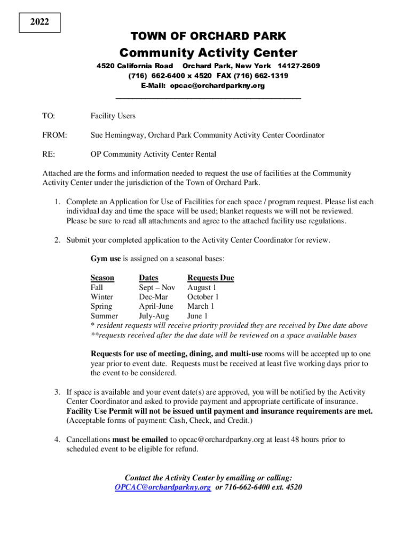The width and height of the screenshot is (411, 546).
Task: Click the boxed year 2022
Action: click(x=39, y=22)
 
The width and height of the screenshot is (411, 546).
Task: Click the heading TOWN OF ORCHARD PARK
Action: click(x=208, y=36)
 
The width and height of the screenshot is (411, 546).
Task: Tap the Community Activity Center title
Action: click(x=208, y=53)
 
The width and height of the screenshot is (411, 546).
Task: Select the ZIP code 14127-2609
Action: click(x=295, y=66)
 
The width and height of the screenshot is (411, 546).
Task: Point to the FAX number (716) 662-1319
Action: click(x=253, y=76)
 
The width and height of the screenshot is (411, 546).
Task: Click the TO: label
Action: click(x=49, y=116)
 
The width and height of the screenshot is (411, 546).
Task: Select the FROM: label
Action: click(x=54, y=135)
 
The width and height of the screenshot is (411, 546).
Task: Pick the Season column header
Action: click(x=102, y=278)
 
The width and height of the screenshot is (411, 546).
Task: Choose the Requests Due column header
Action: click(x=210, y=278)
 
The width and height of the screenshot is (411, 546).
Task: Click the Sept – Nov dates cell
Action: click(x=157, y=287)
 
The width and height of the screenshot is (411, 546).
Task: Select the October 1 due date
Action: click(x=203, y=297)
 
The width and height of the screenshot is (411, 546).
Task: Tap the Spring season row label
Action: click(x=101, y=307)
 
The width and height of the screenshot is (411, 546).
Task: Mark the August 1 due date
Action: click(x=201, y=287)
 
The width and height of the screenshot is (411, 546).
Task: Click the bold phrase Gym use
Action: click(x=106, y=259)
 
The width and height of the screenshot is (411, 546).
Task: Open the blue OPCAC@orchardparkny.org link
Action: click(x=163, y=487)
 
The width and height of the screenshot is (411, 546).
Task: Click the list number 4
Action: click(x=57, y=440)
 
